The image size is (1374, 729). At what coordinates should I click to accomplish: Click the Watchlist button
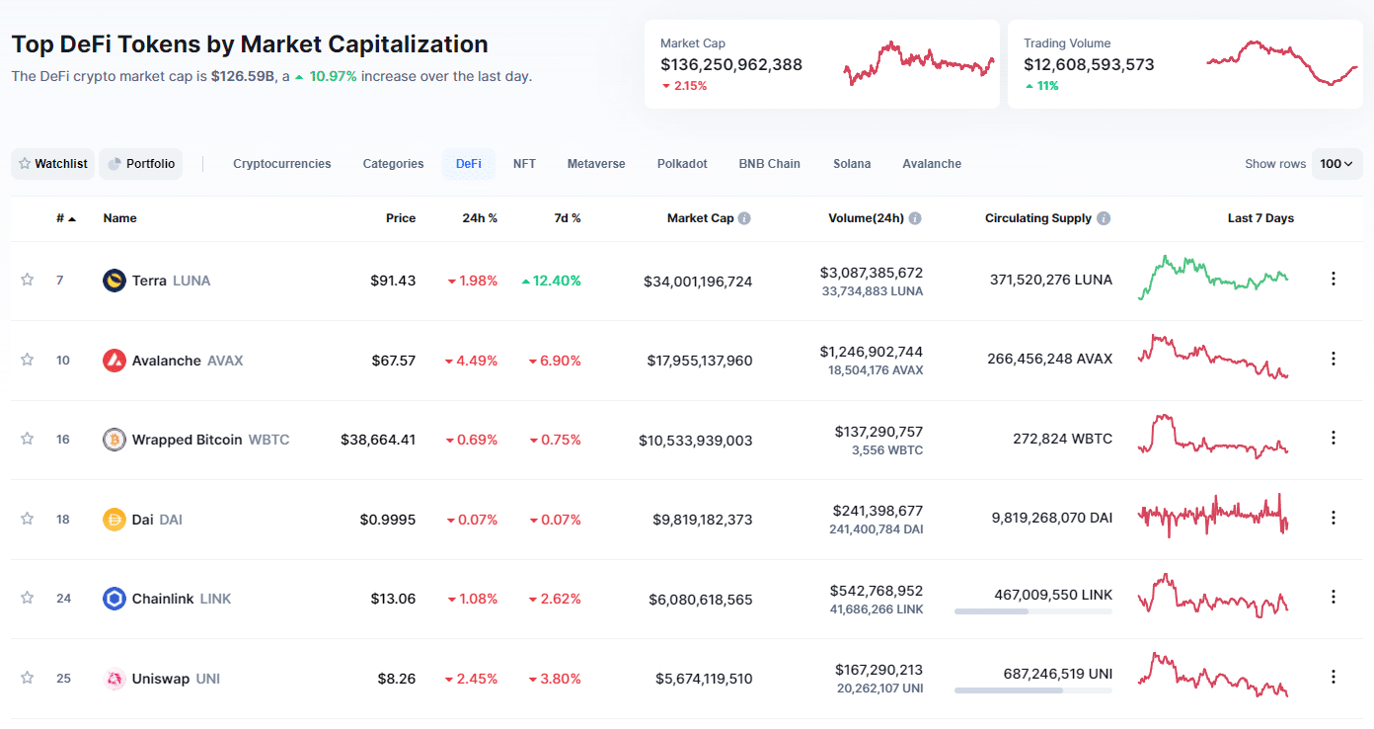53,164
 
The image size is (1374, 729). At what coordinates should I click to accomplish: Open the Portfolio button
141,164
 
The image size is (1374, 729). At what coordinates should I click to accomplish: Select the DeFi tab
469,164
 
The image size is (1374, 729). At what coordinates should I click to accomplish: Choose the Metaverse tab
596,164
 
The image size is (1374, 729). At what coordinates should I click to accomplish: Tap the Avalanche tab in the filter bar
931,164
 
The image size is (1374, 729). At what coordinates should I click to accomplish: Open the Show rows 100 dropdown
1337,164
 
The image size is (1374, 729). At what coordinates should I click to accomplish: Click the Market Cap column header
701,218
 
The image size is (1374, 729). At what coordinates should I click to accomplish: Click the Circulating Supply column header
1038,218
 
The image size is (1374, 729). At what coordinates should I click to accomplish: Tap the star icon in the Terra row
28,280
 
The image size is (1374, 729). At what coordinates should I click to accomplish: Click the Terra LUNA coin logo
114,281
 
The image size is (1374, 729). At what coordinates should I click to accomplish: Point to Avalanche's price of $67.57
393,361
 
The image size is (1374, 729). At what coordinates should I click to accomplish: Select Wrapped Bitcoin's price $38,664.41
378,440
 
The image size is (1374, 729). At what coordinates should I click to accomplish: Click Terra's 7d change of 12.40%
552,281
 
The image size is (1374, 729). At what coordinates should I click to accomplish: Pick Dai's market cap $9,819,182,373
702,520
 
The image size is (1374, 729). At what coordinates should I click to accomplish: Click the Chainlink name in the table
163,599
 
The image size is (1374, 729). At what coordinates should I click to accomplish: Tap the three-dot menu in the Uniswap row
1334,678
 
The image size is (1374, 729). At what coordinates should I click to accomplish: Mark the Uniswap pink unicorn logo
114,679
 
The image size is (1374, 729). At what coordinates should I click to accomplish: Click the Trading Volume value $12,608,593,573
1089,64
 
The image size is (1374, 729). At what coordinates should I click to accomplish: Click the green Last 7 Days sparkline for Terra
1213,276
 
